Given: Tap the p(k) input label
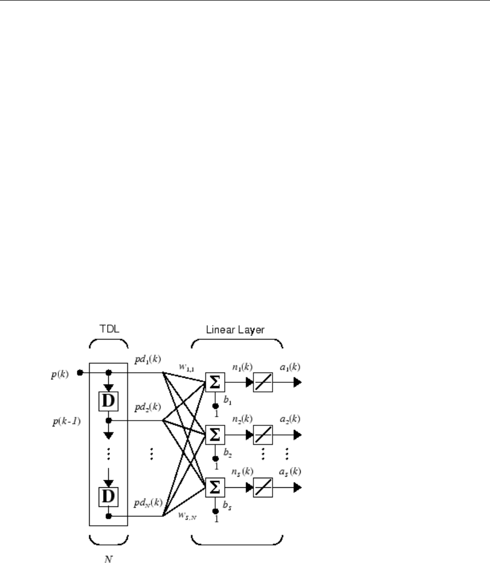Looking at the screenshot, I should tap(60, 372).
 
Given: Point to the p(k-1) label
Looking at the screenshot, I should tap(61, 423).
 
